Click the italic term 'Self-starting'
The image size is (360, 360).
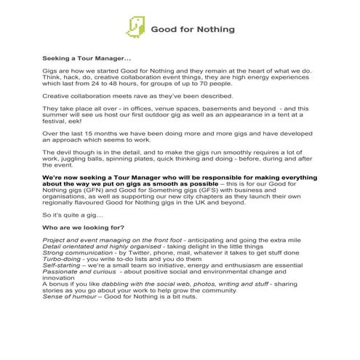[x=65, y=292]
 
